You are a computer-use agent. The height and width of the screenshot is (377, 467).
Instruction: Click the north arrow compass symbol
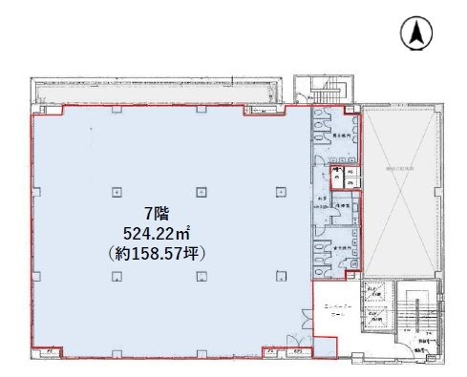[x=417, y=33]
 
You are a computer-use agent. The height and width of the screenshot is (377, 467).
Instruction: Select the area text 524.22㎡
[x=158, y=234]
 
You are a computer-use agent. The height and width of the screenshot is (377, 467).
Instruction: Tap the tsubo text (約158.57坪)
[x=158, y=255]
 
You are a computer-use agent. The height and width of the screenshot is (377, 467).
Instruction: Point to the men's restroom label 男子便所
[x=339, y=136]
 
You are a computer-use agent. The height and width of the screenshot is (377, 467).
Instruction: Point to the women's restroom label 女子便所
[x=339, y=246]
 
